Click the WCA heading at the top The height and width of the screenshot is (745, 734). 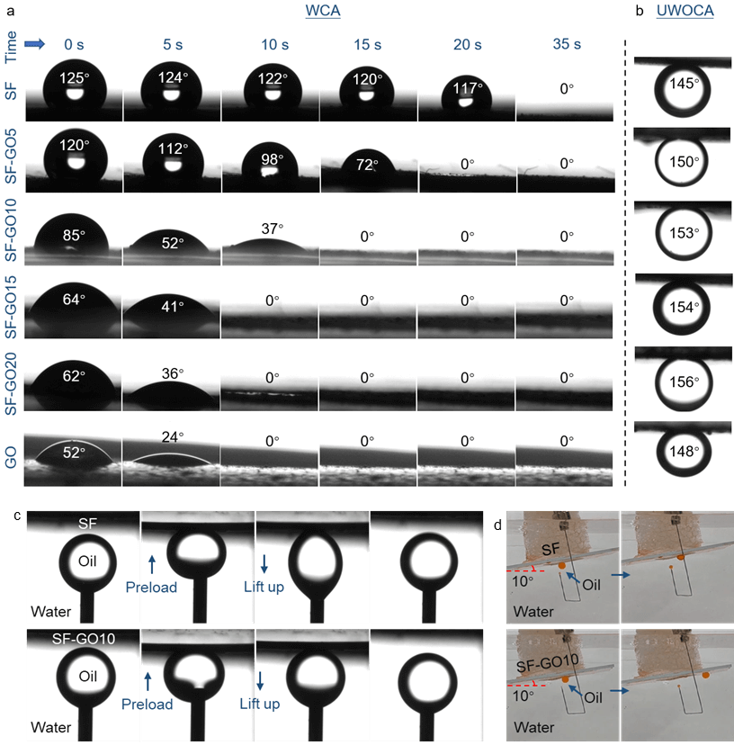(x=323, y=11)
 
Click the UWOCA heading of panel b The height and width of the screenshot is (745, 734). (x=685, y=11)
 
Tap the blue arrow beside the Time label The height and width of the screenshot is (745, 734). (x=34, y=44)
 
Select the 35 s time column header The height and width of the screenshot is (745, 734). (x=567, y=44)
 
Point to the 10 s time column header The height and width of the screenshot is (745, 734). (x=274, y=45)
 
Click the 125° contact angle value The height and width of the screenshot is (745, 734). (x=74, y=78)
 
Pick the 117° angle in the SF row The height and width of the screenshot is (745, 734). (x=468, y=88)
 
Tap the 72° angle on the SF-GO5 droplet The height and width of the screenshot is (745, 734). (x=367, y=165)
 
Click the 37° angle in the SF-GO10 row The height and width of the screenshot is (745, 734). (x=273, y=229)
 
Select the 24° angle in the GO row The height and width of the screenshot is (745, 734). (x=173, y=436)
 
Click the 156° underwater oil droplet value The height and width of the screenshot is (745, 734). (x=685, y=382)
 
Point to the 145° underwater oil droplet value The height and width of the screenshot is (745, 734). (x=685, y=84)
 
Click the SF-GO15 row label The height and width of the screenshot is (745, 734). (x=11, y=307)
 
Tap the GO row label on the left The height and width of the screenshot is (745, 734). (x=11, y=457)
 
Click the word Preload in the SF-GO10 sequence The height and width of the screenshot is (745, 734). (x=147, y=704)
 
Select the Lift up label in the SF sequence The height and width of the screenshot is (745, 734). (x=264, y=587)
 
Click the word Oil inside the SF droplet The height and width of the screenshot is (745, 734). (x=87, y=561)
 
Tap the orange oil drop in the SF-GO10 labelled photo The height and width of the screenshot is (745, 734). (x=565, y=680)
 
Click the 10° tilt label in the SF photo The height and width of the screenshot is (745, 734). (x=522, y=581)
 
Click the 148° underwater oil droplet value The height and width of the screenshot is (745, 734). (x=685, y=452)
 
